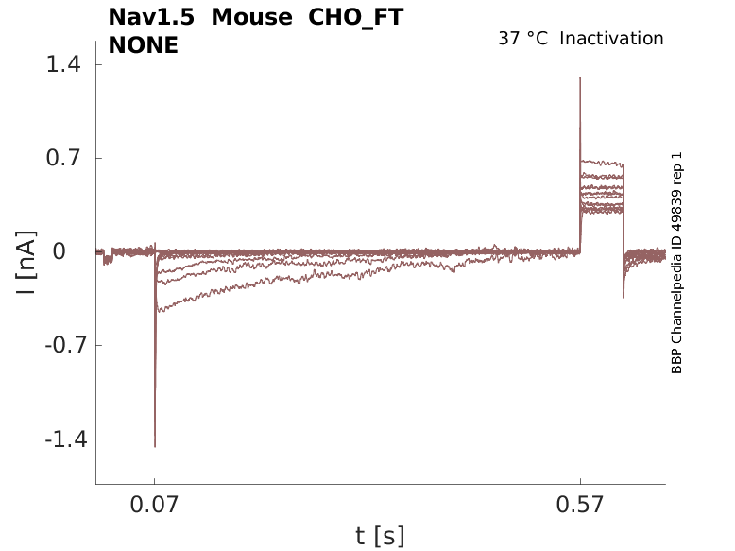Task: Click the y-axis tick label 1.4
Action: tap(65, 64)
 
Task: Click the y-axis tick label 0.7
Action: tap(65, 158)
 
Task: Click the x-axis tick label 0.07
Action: tap(155, 506)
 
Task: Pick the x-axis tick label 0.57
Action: tap(580, 506)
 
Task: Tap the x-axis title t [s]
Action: tap(380, 537)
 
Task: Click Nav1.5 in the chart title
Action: tap(151, 18)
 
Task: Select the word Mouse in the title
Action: tap(251, 18)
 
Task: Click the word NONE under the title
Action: tap(143, 44)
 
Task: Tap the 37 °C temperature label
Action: tap(522, 39)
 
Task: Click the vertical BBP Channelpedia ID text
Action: tap(676, 263)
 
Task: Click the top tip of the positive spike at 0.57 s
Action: tap(580, 77)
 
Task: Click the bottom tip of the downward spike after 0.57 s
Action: tap(624, 298)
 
